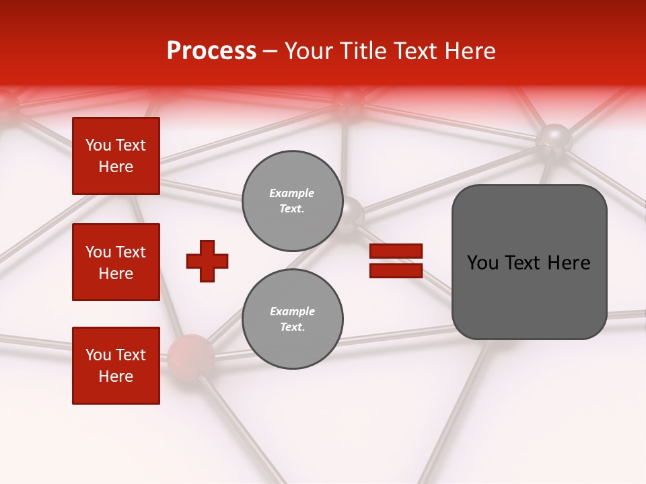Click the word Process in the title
(211, 51)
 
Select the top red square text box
(116, 156)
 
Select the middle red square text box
(116, 262)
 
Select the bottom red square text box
(116, 366)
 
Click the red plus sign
(207, 261)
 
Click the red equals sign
(396, 261)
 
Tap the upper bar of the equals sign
(396, 251)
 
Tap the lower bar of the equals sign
(396, 270)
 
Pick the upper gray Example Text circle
(292, 201)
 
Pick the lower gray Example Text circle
(292, 319)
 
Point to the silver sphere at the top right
(554, 139)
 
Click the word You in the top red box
(98, 145)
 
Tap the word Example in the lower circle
(292, 311)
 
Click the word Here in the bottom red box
(116, 376)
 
